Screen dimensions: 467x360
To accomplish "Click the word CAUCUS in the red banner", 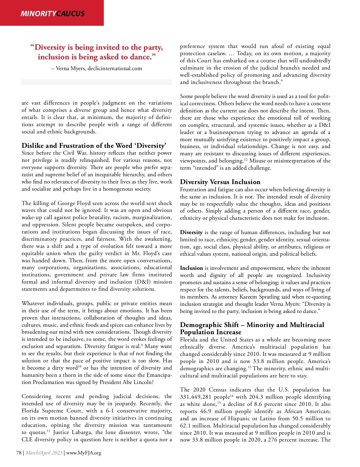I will click(x=70, y=13).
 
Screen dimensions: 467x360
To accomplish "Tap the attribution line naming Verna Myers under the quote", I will click(x=97, y=68).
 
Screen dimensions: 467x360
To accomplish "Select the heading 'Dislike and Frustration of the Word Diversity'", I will click(x=94, y=146).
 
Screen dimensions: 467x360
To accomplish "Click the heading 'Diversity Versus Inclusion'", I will click(x=220, y=182).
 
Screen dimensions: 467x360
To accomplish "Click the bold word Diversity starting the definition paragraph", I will click(x=191, y=232).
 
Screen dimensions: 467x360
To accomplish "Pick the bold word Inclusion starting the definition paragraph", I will click(x=191, y=268).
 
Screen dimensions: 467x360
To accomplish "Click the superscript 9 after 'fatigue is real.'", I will click(x=142, y=345).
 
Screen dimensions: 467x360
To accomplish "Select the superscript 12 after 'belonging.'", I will click(x=246, y=159).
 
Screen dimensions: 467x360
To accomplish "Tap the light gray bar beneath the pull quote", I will click(x=97, y=82).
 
